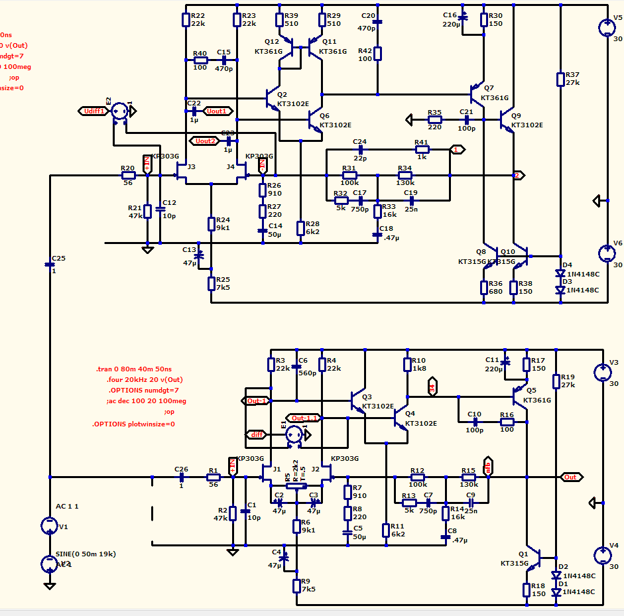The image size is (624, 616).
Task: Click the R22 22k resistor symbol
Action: pyautogui.click(x=186, y=20)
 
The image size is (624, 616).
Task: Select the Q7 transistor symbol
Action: pyautogui.click(x=477, y=90)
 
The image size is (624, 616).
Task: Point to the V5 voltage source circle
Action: pyautogui.click(x=607, y=27)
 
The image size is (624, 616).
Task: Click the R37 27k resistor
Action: pyautogui.click(x=560, y=79)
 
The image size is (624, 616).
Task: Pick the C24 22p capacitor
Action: pyautogui.click(x=360, y=150)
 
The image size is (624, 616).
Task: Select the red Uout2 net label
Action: pyautogui.click(x=205, y=141)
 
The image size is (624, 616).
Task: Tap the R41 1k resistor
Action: pyautogui.click(x=421, y=150)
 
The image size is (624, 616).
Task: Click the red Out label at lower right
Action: pyautogui.click(x=570, y=477)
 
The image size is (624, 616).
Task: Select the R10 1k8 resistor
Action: pyautogui.click(x=407, y=364)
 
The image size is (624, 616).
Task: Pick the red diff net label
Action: pyautogui.click(x=255, y=435)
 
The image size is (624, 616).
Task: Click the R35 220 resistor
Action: pyautogui.click(x=434, y=120)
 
